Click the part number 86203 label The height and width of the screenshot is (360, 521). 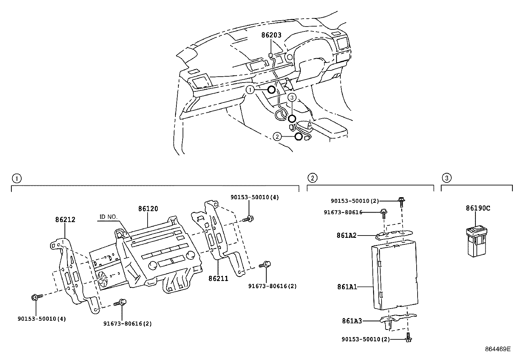[271, 35]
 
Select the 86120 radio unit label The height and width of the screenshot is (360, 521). [148, 209]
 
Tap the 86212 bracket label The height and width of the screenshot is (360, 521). [65, 219]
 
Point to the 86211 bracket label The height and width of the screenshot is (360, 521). [218, 279]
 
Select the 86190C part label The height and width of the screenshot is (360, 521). [478, 208]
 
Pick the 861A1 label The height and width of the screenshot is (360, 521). [347, 287]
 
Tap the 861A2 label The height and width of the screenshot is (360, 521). [347, 235]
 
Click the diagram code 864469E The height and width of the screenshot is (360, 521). [497, 349]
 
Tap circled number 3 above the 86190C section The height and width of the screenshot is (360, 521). [446, 178]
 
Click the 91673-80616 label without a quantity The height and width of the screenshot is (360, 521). [343, 212]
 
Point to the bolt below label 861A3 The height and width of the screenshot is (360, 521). [408, 338]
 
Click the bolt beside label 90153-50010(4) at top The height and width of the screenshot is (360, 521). [249, 218]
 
